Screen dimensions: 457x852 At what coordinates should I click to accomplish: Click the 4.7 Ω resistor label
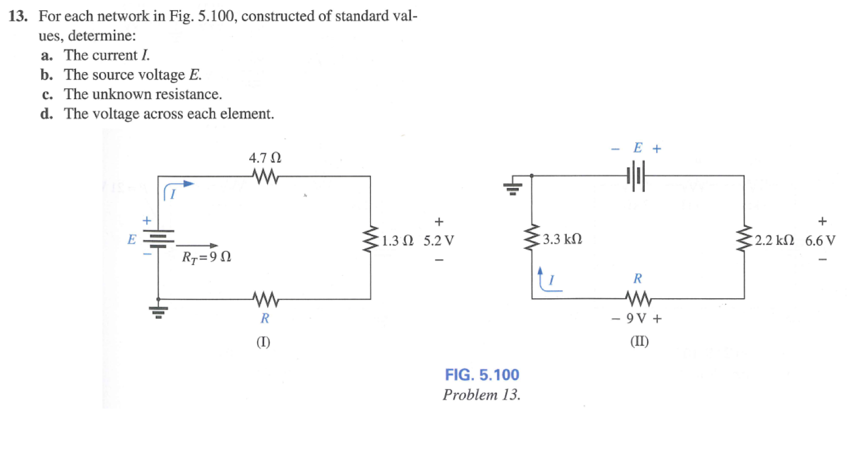[x=265, y=158]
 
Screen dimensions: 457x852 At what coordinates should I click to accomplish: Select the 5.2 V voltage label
[x=439, y=241]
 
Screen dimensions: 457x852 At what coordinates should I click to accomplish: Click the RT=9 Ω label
[x=207, y=257]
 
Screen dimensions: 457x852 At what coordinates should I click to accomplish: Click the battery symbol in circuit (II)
[x=636, y=176]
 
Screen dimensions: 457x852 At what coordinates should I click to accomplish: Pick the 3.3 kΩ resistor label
[x=562, y=240]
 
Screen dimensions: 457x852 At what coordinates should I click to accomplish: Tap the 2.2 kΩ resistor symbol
[x=745, y=240]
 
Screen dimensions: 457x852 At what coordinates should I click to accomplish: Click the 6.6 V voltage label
[x=820, y=241]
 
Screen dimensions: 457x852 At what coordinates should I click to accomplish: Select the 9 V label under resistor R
[x=637, y=319]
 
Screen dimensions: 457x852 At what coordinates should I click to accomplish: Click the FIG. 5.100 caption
[x=482, y=375]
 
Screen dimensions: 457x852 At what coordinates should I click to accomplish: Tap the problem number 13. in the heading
[x=18, y=16]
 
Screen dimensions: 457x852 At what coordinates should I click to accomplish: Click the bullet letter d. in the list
[x=47, y=114]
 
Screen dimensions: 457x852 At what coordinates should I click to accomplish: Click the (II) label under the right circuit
[x=639, y=342]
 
